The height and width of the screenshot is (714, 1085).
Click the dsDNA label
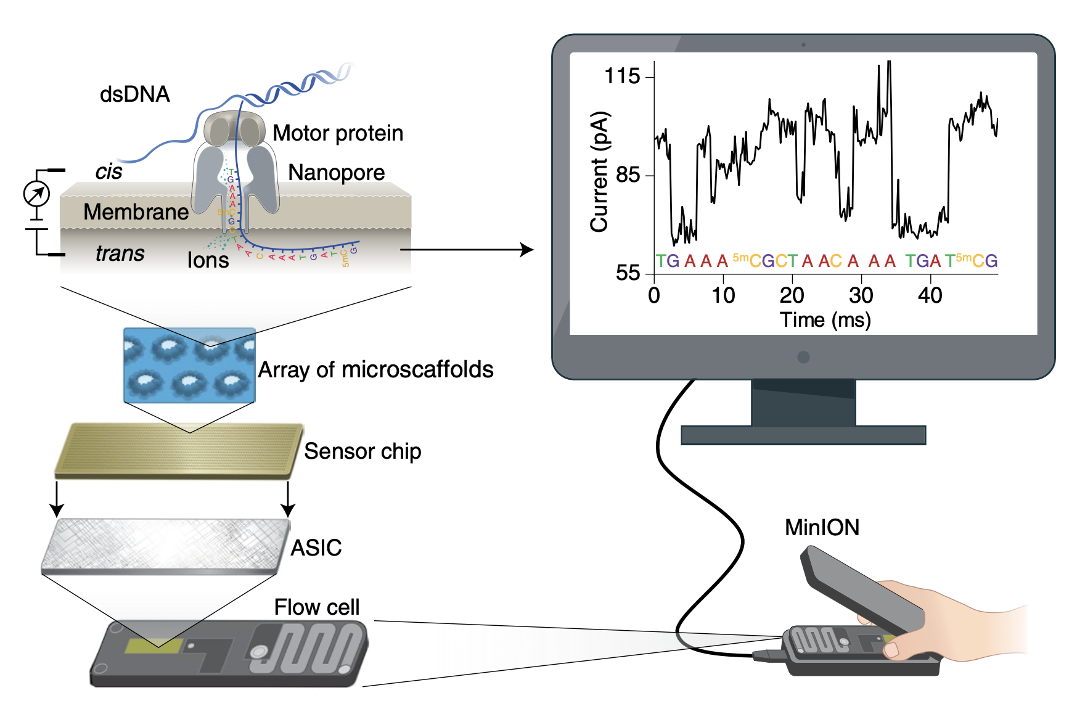coord(134,94)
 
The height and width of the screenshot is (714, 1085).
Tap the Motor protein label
coord(338,133)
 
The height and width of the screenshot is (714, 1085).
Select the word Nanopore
coord(336,173)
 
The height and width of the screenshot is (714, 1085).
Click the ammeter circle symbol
coord(36,194)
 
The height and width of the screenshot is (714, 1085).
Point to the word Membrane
coord(136,212)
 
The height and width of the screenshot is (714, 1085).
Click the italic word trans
coord(120,253)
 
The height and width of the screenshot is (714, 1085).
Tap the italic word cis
coord(108,171)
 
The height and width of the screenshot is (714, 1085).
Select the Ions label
coord(208,260)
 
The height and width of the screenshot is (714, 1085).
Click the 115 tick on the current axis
coord(623,76)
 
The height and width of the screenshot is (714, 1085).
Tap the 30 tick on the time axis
coord(861,296)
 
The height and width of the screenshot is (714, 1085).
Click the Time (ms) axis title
coord(825,320)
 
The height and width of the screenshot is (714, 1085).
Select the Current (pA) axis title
coord(599,172)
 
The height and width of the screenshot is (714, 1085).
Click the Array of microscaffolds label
coord(375,370)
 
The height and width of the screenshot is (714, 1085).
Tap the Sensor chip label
coord(362,451)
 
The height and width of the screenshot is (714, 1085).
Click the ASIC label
coord(316,548)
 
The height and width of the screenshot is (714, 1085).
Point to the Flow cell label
coord(316,607)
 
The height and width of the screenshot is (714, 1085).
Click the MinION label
coord(822,528)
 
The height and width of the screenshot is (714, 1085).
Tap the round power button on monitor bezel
coord(803,357)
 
